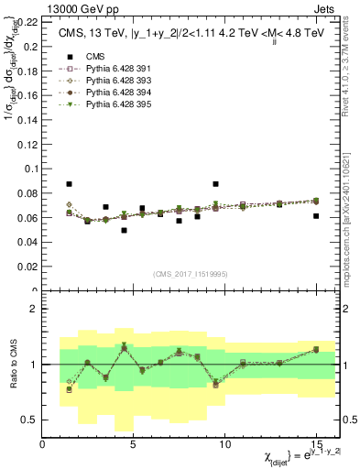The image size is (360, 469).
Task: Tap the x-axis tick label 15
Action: click(315, 444)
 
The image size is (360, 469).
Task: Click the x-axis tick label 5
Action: click(134, 444)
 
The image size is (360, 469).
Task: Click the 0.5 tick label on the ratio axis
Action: click(30, 420)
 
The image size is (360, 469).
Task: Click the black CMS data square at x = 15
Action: click(316, 216)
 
